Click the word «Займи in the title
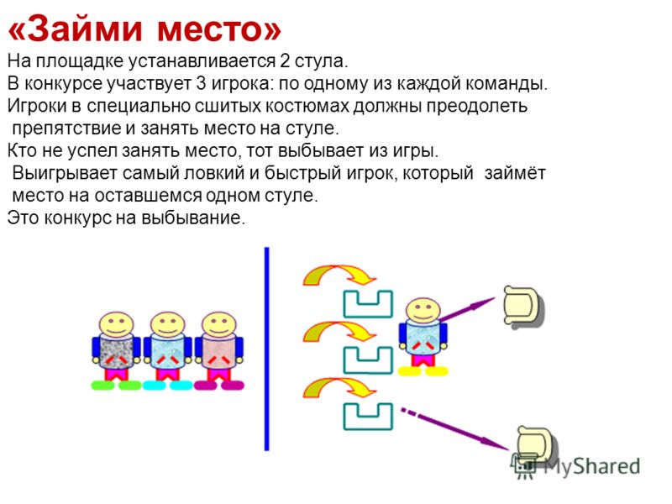(x=76, y=29)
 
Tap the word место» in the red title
(x=219, y=30)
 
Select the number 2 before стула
(x=285, y=61)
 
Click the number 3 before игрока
(x=201, y=83)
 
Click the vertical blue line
(x=266, y=349)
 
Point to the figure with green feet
(x=116, y=350)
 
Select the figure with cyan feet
(x=167, y=350)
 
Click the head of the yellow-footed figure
(x=423, y=310)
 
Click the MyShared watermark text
(x=592, y=466)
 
